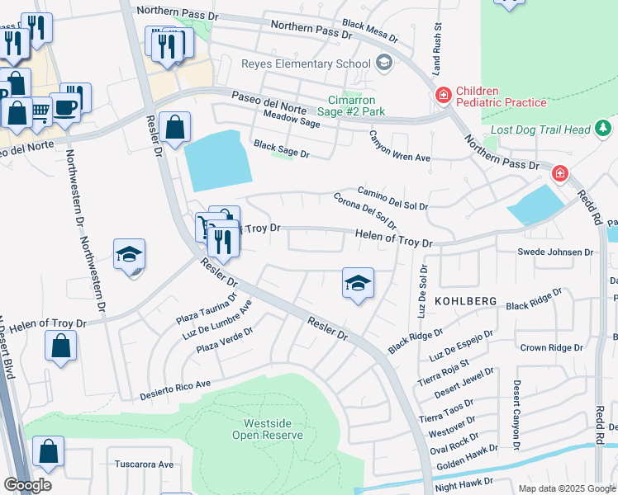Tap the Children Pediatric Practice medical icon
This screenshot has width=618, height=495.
point(443,97)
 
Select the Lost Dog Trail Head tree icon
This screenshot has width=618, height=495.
point(604,129)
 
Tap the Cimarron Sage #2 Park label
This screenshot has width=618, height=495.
point(356,105)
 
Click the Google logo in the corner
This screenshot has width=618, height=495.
point(27,484)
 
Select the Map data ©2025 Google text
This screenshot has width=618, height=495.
point(567,488)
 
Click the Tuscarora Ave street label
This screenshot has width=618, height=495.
point(145,464)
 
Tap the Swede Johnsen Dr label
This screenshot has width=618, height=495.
point(555,252)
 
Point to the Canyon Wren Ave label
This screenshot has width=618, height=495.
point(400,146)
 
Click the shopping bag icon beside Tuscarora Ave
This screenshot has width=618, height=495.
point(49,452)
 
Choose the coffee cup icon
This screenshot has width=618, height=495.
point(66,105)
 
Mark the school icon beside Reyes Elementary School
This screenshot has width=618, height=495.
point(383,63)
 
